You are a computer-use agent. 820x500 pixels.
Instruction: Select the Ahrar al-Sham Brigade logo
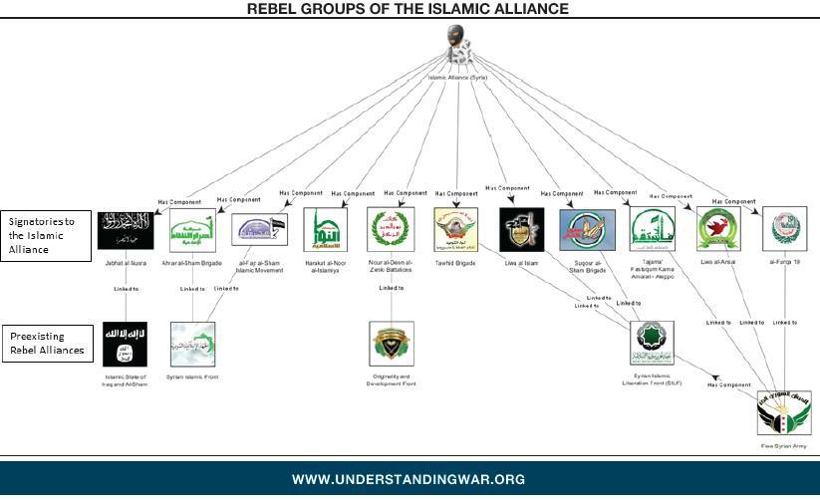(x=192, y=229)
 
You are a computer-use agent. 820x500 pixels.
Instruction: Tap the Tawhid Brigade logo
(x=455, y=229)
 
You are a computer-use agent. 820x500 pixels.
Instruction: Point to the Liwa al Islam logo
(x=521, y=229)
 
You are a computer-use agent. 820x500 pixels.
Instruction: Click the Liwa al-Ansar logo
(x=716, y=229)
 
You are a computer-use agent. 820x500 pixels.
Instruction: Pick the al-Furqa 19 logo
(x=783, y=229)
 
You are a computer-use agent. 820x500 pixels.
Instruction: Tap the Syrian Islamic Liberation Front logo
(x=652, y=343)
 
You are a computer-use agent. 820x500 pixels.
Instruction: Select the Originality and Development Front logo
(x=390, y=344)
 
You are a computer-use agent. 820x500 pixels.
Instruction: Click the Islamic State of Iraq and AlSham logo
(x=125, y=344)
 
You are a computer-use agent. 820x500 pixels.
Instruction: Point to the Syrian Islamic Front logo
(x=192, y=344)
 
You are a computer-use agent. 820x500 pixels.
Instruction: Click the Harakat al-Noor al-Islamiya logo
(x=325, y=230)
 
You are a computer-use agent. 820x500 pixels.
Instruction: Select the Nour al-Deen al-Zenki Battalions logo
(x=389, y=229)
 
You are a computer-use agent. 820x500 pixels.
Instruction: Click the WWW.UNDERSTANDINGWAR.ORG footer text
(x=409, y=480)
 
